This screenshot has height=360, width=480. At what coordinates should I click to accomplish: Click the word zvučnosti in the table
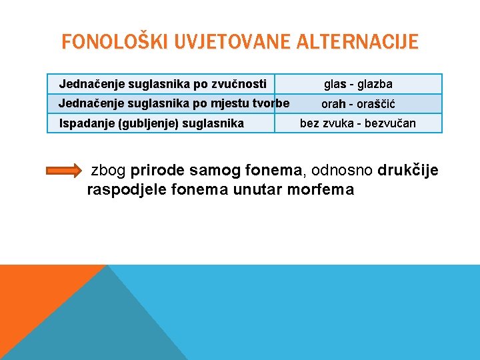pyautogui.click(x=239, y=84)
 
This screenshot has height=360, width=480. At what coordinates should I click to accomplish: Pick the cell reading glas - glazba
pyautogui.click(x=358, y=84)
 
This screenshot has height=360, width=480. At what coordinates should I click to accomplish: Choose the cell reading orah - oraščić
pyautogui.click(x=358, y=104)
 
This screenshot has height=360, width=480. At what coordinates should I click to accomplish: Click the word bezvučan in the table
pyautogui.click(x=391, y=123)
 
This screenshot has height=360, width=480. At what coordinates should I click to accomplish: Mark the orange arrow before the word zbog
pyautogui.click(x=64, y=171)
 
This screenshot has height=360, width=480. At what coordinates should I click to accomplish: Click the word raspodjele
pyautogui.click(x=127, y=189)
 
